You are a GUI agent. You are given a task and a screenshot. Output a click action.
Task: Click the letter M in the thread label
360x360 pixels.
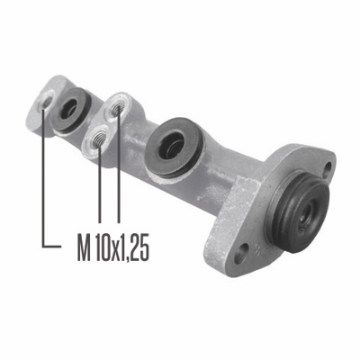85,247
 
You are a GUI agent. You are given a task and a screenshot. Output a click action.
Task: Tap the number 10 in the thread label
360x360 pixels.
103,247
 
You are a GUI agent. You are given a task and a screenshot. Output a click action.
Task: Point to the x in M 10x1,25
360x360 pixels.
116,251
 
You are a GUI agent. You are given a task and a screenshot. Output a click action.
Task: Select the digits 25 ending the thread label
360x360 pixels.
140,247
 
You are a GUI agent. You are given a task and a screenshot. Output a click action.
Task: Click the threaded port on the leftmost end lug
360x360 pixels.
47,103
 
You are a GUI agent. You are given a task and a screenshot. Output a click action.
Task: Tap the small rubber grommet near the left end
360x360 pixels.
70,110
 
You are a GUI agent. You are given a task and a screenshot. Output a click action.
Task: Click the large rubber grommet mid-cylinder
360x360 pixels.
174,148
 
